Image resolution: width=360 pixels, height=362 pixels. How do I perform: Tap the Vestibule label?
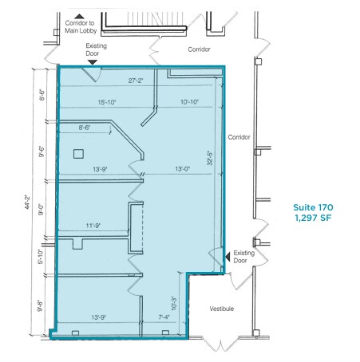tap(221, 309)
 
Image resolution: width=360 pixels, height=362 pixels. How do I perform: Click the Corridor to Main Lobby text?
tap(80, 27)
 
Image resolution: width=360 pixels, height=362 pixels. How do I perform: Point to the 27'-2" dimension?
tap(139, 81)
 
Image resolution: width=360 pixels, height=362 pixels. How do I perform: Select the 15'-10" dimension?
tap(107, 102)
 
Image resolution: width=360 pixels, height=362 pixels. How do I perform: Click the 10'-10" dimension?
tap(190, 102)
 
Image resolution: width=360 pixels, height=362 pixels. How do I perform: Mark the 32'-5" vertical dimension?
tap(210, 159)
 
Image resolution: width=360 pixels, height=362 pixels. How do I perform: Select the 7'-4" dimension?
tap(163, 317)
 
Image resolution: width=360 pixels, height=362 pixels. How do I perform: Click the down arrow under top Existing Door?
tap(93, 61)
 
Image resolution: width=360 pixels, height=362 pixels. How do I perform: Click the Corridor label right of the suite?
tap(239, 137)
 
